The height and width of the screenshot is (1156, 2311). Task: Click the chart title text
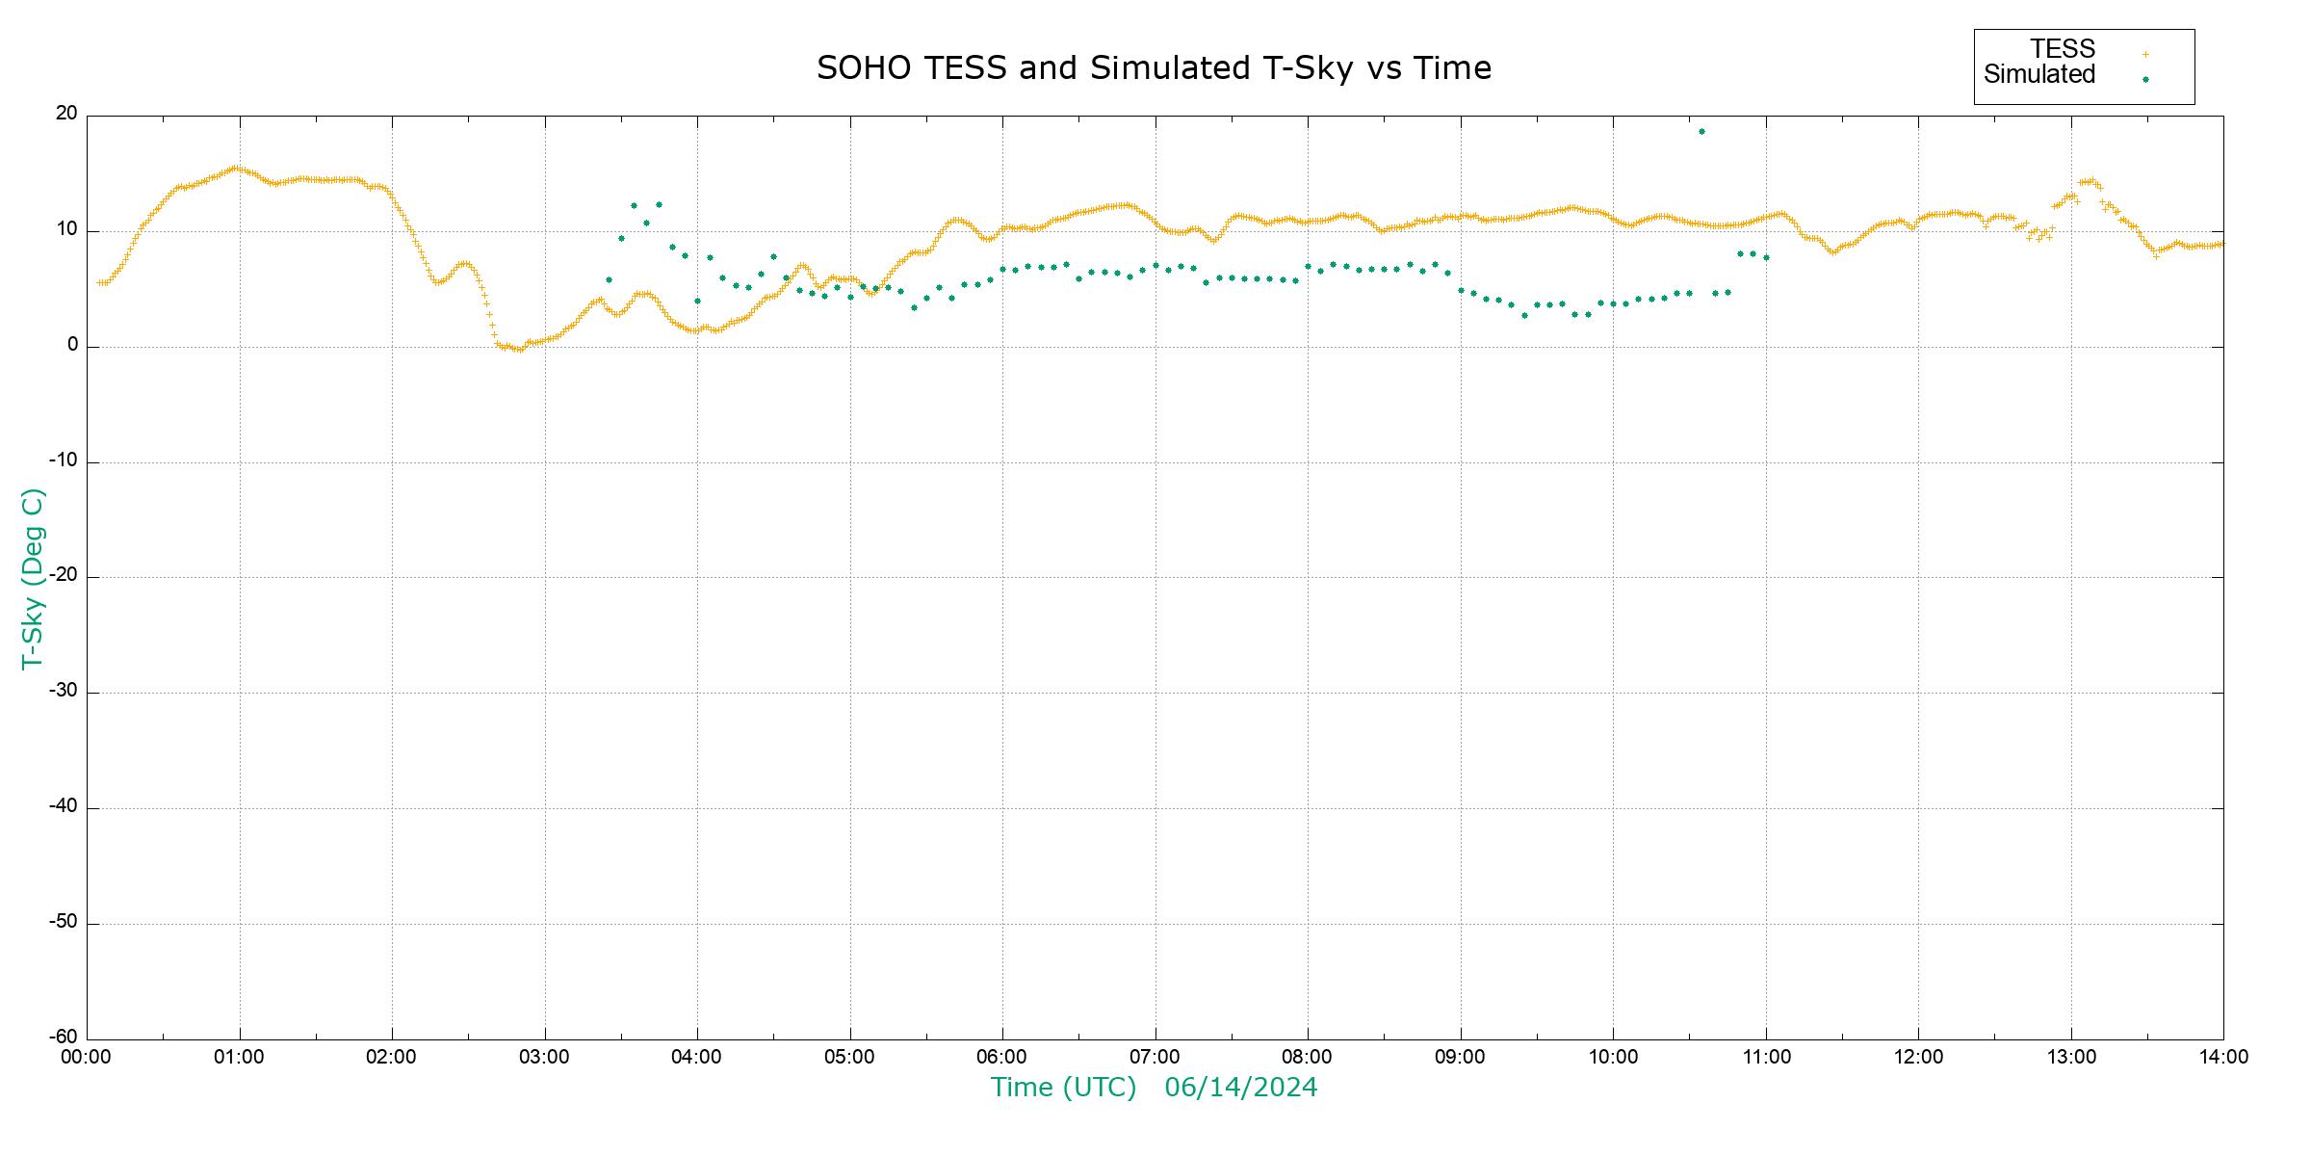coord(1154,68)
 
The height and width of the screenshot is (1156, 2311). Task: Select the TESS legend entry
coord(2063,49)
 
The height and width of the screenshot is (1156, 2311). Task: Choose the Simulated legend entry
coord(2039,75)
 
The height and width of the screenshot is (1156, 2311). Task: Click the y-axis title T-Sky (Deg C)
coord(33,578)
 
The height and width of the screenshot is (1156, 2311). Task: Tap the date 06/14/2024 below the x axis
coord(1240,1088)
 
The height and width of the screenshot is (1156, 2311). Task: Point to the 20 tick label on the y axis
coord(66,114)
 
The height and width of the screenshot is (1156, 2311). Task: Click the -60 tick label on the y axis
coord(64,1038)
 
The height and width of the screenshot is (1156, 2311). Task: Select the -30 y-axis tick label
coord(64,692)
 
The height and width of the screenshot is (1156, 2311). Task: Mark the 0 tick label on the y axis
coord(72,345)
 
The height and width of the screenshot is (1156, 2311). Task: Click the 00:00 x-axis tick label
coord(87,1058)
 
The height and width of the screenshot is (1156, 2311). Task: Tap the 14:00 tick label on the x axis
coord(2223,1058)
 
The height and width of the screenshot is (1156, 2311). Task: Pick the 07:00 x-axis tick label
coord(1155,1058)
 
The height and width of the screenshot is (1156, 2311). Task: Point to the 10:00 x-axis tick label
coord(1613,1058)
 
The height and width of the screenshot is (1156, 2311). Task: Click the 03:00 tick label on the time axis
coord(544,1058)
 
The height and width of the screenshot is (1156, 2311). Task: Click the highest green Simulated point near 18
coord(1701,132)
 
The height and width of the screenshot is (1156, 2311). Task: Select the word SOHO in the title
coord(864,68)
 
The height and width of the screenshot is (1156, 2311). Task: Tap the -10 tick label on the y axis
coord(64,460)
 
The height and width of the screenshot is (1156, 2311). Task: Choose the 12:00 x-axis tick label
coord(1918,1058)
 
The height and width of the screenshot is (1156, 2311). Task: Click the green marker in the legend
coord(2145,79)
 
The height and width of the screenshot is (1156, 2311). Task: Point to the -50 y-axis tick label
coord(64,922)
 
